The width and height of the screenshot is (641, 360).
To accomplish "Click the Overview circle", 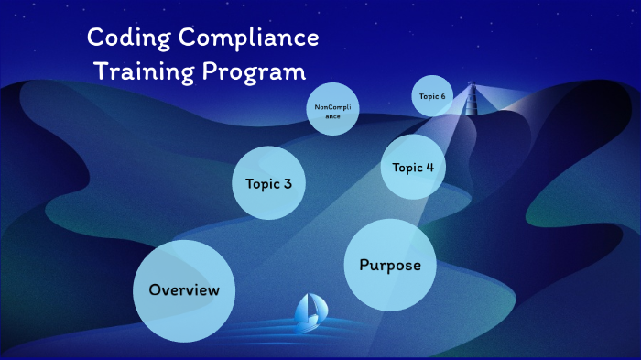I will [x=184, y=290].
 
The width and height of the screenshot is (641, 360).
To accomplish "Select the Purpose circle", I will [x=389, y=266].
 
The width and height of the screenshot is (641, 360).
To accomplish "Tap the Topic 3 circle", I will [x=268, y=183].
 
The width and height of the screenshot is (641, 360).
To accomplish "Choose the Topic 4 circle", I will [x=412, y=168].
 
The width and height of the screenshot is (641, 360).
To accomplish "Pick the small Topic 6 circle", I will [x=432, y=96].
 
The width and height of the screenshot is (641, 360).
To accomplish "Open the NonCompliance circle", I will [x=331, y=112].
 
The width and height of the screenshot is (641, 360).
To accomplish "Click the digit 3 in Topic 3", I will [x=288, y=183].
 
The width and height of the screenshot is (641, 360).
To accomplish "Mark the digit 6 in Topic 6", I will [x=443, y=96].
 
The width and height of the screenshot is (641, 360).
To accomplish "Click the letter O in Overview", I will [x=156, y=290].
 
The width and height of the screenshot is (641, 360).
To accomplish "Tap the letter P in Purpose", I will [x=364, y=266].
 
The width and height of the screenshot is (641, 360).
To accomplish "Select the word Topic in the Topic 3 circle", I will [x=262, y=183].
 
